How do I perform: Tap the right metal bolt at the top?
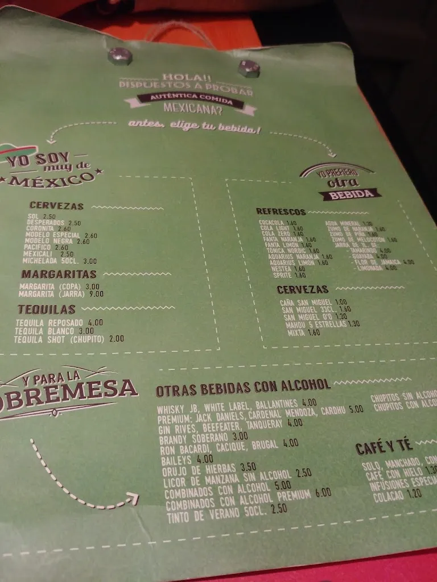click(248, 68)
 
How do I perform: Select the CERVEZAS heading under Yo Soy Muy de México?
click(57, 206)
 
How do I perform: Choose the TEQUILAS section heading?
click(46, 309)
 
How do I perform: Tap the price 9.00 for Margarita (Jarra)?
click(96, 294)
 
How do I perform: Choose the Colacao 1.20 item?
click(397, 494)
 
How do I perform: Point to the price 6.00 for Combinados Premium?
click(323, 493)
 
